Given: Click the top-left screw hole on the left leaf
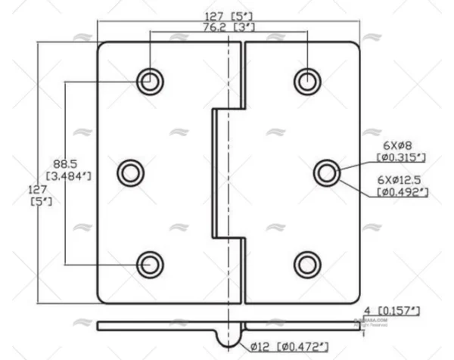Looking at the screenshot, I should point(150,80).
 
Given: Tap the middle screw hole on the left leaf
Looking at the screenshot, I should point(131,172).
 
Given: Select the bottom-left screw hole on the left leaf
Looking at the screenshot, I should point(150,263).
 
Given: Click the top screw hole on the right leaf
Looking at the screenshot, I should point(307,80).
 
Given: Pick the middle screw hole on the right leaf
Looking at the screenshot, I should point(326,172).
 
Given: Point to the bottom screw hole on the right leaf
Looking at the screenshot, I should point(307,263).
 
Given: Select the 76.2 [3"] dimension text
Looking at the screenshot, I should point(228,26).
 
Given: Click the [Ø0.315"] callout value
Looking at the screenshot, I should point(402,157).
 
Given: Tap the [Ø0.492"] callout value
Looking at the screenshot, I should point(403,193).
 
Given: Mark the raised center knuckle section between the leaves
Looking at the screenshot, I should point(228,172).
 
